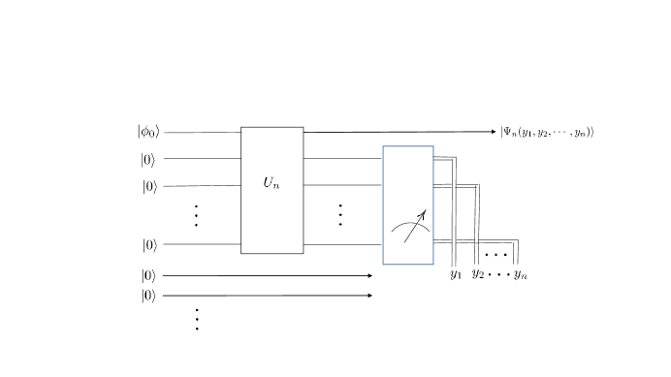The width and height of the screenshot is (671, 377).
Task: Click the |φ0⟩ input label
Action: (148, 132)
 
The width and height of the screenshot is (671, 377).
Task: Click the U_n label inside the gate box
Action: (272, 183)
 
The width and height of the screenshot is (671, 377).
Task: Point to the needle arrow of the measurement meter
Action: (415, 227)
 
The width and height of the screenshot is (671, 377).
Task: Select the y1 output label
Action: (456, 274)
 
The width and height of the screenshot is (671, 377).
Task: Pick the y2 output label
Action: (478, 274)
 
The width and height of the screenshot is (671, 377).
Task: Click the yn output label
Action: (521, 274)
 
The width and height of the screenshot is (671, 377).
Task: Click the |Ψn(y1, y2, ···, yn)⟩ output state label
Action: (547, 132)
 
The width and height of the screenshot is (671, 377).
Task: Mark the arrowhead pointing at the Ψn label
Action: (494, 132)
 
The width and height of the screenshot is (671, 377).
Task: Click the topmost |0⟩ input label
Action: (148, 160)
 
